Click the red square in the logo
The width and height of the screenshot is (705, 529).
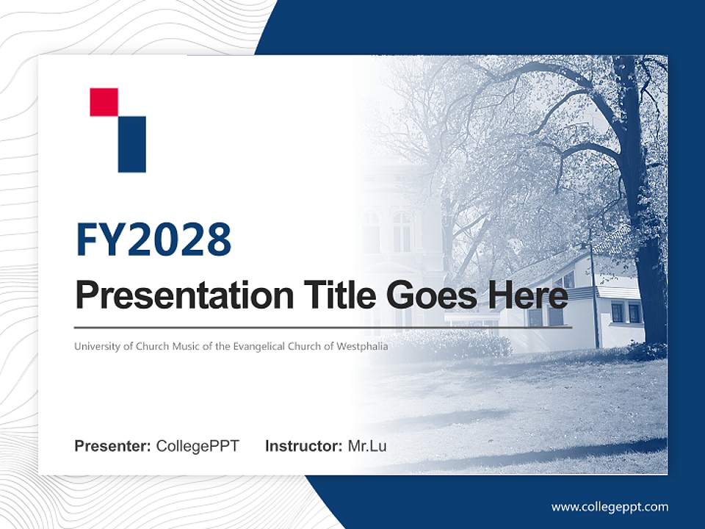104,102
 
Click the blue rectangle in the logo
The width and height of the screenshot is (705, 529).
131,144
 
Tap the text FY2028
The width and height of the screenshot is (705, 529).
153,240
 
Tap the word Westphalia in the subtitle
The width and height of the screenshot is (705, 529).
362,346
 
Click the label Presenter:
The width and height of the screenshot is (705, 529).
113,446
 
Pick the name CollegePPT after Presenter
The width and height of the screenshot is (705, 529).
198,446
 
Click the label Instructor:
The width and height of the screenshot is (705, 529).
303,446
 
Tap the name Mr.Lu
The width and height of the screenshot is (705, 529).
367,446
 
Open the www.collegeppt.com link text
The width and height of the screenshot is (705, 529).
610,507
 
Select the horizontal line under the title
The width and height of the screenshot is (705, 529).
323,327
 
